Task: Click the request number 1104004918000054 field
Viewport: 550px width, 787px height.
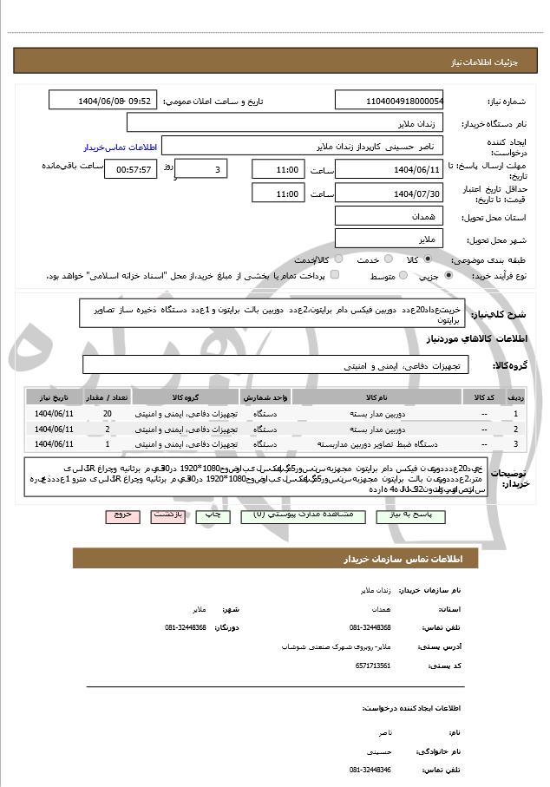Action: click(390, 101)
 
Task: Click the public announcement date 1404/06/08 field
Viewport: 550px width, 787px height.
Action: click(103, 101)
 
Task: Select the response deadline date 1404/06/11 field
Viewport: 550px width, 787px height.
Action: click(390, 168)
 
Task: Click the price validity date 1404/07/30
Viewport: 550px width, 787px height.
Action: click(390, 193)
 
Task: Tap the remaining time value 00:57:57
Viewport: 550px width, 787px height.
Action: click(128, 168)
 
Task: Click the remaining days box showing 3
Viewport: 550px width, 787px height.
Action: click(202, 168)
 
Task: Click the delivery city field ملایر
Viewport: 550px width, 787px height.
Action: click(390, 239)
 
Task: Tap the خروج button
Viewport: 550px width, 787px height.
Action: click(122, 515)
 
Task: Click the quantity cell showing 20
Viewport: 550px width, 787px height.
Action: click(107, 414)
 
